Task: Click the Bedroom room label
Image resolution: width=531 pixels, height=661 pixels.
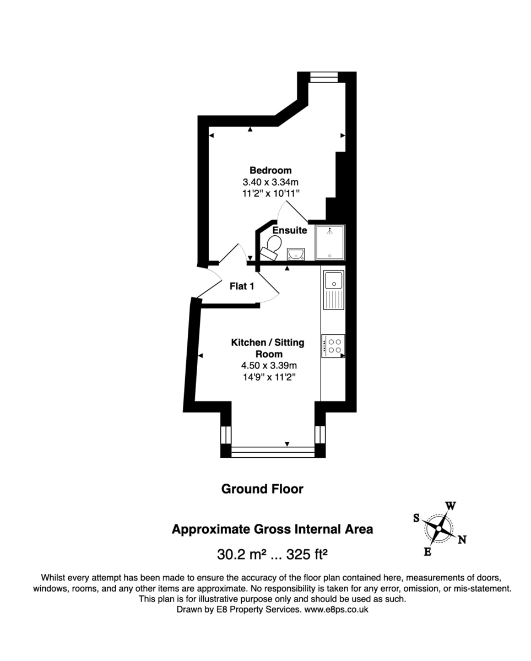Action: pos(270,170)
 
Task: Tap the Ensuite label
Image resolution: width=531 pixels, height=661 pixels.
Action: pos(290,230)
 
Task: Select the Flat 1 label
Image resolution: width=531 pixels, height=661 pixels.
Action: pos(242,286)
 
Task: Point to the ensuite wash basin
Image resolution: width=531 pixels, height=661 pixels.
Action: pos(296,253)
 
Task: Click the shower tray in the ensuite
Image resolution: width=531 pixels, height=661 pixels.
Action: pos(329,242)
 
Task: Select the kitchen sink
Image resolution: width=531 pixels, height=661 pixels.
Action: pos(333,289)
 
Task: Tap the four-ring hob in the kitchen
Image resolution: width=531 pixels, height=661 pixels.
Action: pos(333,346)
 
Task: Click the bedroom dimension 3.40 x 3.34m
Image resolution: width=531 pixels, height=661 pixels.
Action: pos(270,182)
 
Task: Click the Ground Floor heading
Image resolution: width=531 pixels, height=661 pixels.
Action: pos(262,489)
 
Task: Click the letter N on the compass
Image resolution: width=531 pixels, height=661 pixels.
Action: pos(462,540)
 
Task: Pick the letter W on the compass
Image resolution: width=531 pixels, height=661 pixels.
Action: pos(450,506)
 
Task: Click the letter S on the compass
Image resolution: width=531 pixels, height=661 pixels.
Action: pos(416,518)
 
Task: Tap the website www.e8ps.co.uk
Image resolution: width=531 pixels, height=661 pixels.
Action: pos(336,610)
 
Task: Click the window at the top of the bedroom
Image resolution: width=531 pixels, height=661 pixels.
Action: pos(322,77)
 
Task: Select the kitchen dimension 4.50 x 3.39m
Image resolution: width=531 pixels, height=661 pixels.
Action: pos(269,365)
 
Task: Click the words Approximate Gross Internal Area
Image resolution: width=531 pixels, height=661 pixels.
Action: pos(272,529)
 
